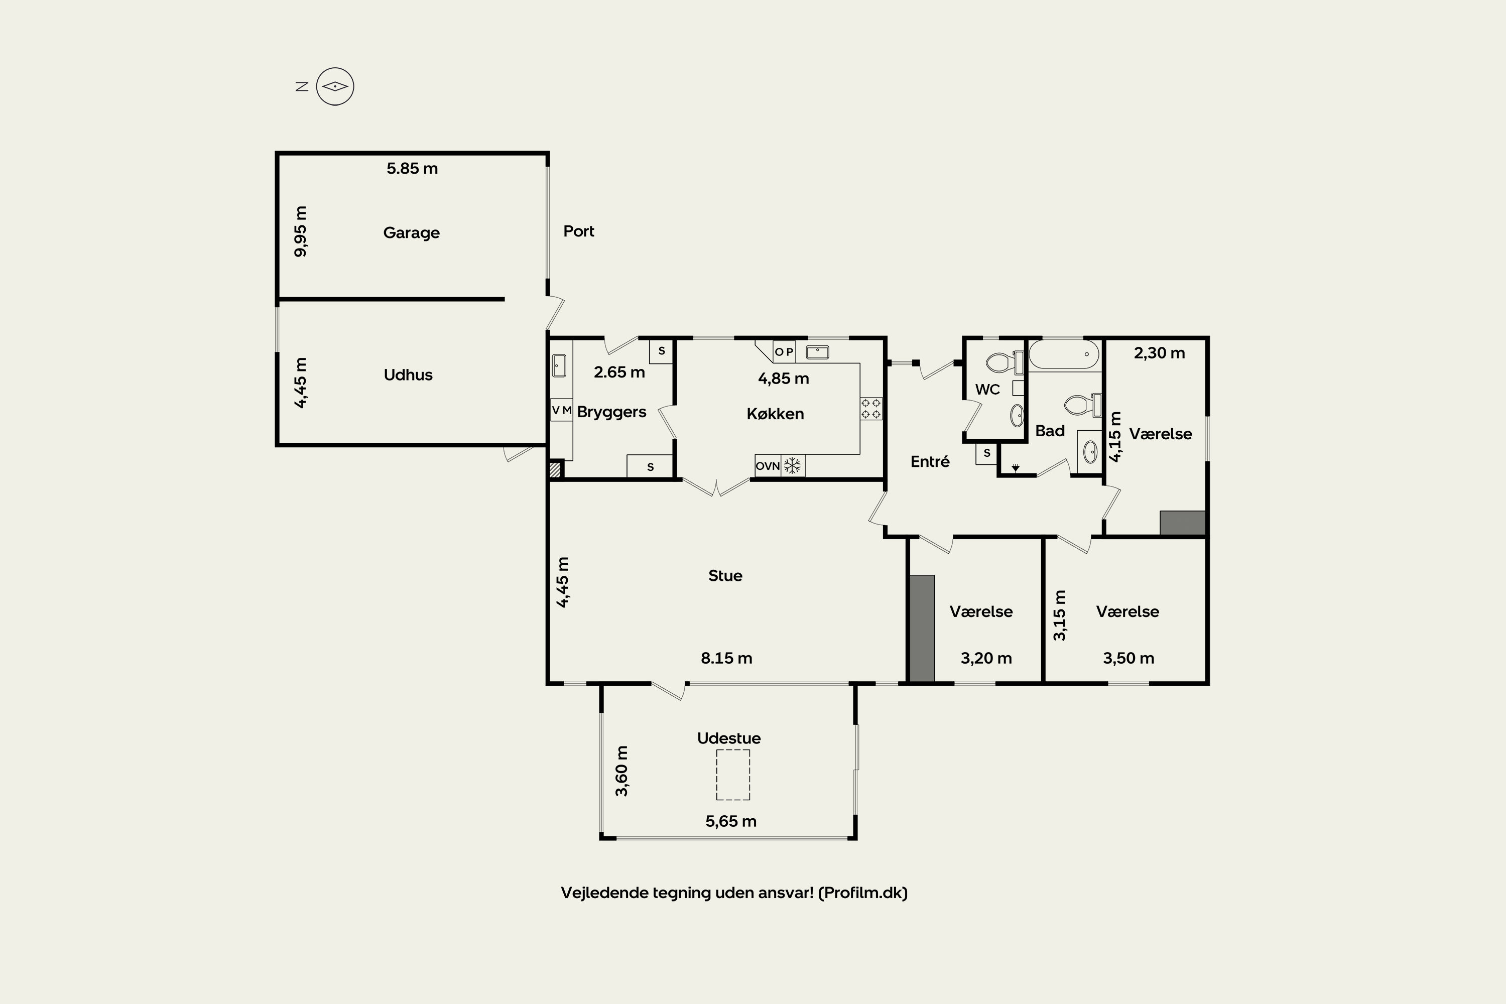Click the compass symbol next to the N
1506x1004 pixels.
(335, 86)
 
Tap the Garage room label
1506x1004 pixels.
(411, 232)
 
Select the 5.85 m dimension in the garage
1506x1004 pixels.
(412, 168)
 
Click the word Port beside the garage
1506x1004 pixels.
(579, 231)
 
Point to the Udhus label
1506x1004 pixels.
(408, 374)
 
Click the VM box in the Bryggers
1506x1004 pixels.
(562, 410)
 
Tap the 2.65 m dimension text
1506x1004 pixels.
(619, 372)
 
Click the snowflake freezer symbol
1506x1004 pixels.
(793, 465)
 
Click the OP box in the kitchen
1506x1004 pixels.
(784, 351)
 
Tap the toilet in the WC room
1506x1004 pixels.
(1004, 363)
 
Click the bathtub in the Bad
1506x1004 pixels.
(1064, 354)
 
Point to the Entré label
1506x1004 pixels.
(930, 461)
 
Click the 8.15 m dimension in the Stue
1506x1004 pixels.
(726, 658)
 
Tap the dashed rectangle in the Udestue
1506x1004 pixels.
(732, 775)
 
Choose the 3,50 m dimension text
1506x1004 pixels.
(1128, 658)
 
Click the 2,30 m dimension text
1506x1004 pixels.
(1159, 353)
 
